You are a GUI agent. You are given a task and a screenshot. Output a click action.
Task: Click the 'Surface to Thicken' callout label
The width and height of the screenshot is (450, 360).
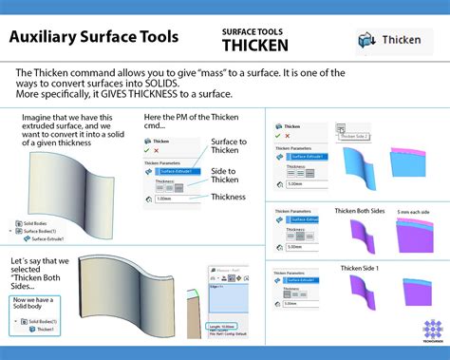click(x=230, y=149)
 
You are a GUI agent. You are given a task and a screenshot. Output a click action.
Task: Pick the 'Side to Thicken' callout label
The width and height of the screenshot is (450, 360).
click(x=225, y=174)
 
